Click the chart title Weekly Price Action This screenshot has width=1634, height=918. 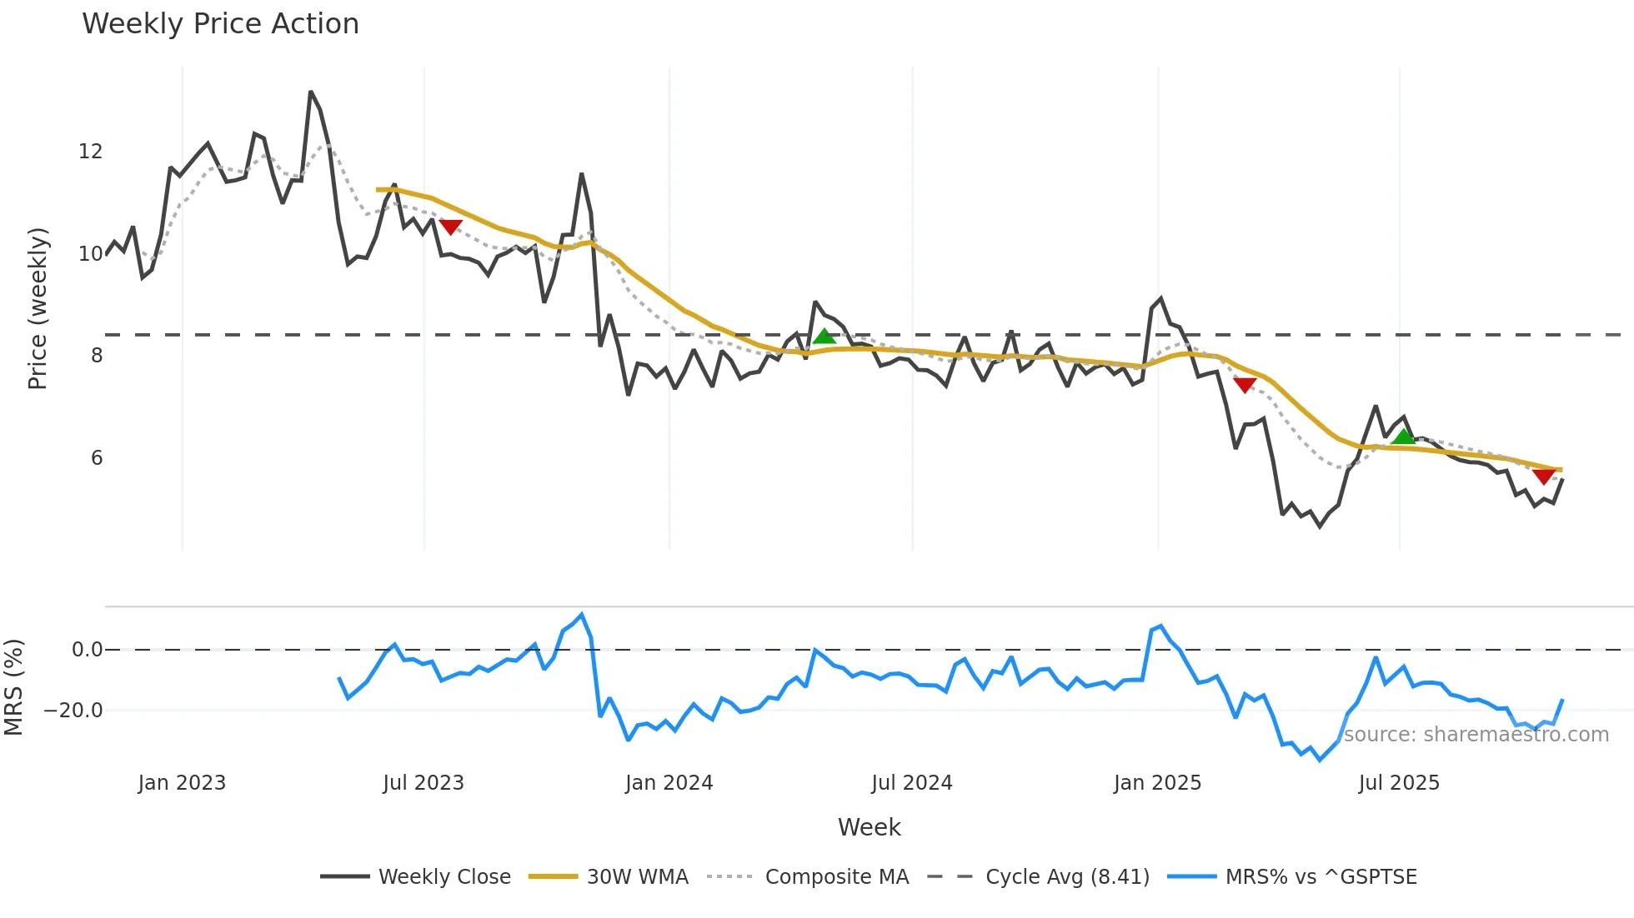pos(220,24)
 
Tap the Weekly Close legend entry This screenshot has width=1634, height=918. pos(444,877)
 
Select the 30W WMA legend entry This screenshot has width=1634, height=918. pos(637,877)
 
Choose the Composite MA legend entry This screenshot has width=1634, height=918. pos(836,877)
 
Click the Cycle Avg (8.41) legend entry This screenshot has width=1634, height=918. pos(1066,877)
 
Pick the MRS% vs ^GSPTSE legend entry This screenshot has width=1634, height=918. pos(1321,877)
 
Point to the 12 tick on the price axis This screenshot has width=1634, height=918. pos(91,152)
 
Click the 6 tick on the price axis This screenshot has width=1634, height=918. pos(97,458)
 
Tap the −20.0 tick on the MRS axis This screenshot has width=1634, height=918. pos(73,711)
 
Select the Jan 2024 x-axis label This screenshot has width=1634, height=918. pos(669,783)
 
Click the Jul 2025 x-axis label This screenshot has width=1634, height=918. pos(1399,783)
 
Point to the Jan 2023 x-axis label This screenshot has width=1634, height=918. pos(182,783)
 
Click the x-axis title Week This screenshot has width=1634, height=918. pos(869,827)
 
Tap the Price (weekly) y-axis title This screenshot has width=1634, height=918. pos(38,308)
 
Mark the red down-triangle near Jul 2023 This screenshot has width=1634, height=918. pos(450,227)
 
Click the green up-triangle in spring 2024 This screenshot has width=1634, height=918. pos(825,337)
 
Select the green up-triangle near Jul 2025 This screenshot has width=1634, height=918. pos(1404,437)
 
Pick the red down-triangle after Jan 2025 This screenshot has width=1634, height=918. pos(1245,385)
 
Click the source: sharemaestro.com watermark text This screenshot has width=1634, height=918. pos(1476,735)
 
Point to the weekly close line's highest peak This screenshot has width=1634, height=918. pos(310,92)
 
